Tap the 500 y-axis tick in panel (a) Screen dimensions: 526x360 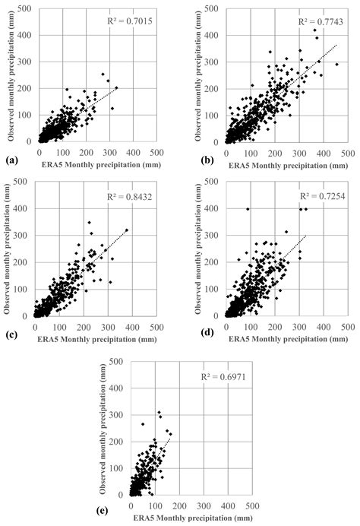click(25, 9)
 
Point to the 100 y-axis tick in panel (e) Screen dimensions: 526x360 click(120, 462)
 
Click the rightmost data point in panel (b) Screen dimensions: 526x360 click(337, 64)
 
